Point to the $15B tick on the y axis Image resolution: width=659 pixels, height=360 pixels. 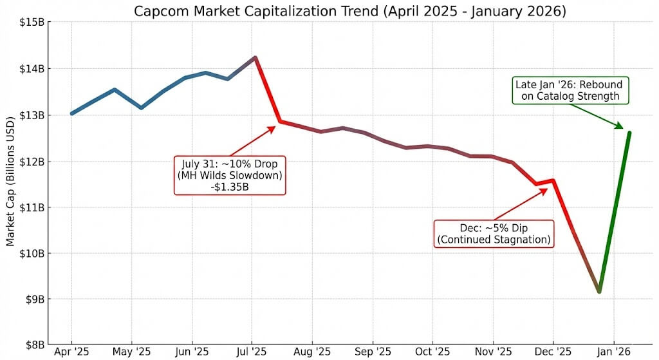coord(32,23)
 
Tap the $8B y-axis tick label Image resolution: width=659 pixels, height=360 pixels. coord(32,345)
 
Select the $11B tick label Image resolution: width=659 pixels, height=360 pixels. coord(32,207)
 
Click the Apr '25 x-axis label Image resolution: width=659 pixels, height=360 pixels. coord(71,352)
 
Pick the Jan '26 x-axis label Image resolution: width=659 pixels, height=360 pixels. coord(613,352)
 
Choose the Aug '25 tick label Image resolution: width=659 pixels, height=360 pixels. coord(312,352)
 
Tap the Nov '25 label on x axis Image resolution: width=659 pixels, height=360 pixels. coord(493,352)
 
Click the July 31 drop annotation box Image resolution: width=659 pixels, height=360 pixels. coord(230,175)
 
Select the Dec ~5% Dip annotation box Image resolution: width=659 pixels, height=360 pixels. coord(494,234)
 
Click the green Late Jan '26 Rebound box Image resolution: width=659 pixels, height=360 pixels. coord(570,91)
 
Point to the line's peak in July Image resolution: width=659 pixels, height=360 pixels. coord(255,58)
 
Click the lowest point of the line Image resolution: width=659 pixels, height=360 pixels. coord(599,291)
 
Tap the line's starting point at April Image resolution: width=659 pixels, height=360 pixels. coord(71,113)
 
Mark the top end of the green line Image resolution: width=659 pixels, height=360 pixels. coord(629,133)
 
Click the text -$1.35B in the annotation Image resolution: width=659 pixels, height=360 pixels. coord(230,187)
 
